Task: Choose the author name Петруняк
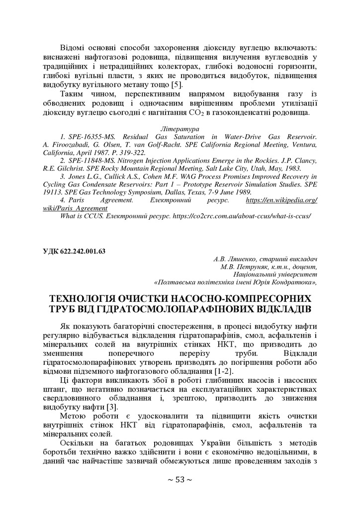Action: coord(245,266)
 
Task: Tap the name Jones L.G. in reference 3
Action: coord(86,176)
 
